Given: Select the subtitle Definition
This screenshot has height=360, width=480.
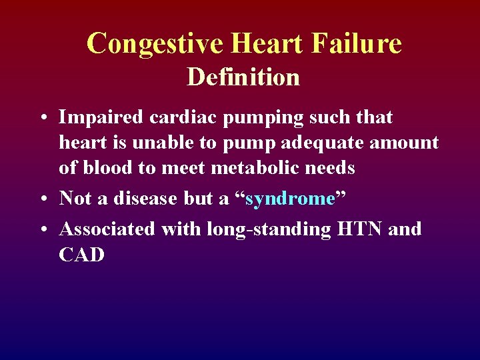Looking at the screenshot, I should tap(243, 77).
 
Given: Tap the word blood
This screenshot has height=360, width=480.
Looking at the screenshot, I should tap(106, 168).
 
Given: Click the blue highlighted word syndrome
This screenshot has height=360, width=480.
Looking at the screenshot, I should tap(290, 199).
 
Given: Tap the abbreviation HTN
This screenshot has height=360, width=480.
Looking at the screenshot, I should tap(361, 229).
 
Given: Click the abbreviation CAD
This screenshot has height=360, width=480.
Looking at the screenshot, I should tap(82, 255).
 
